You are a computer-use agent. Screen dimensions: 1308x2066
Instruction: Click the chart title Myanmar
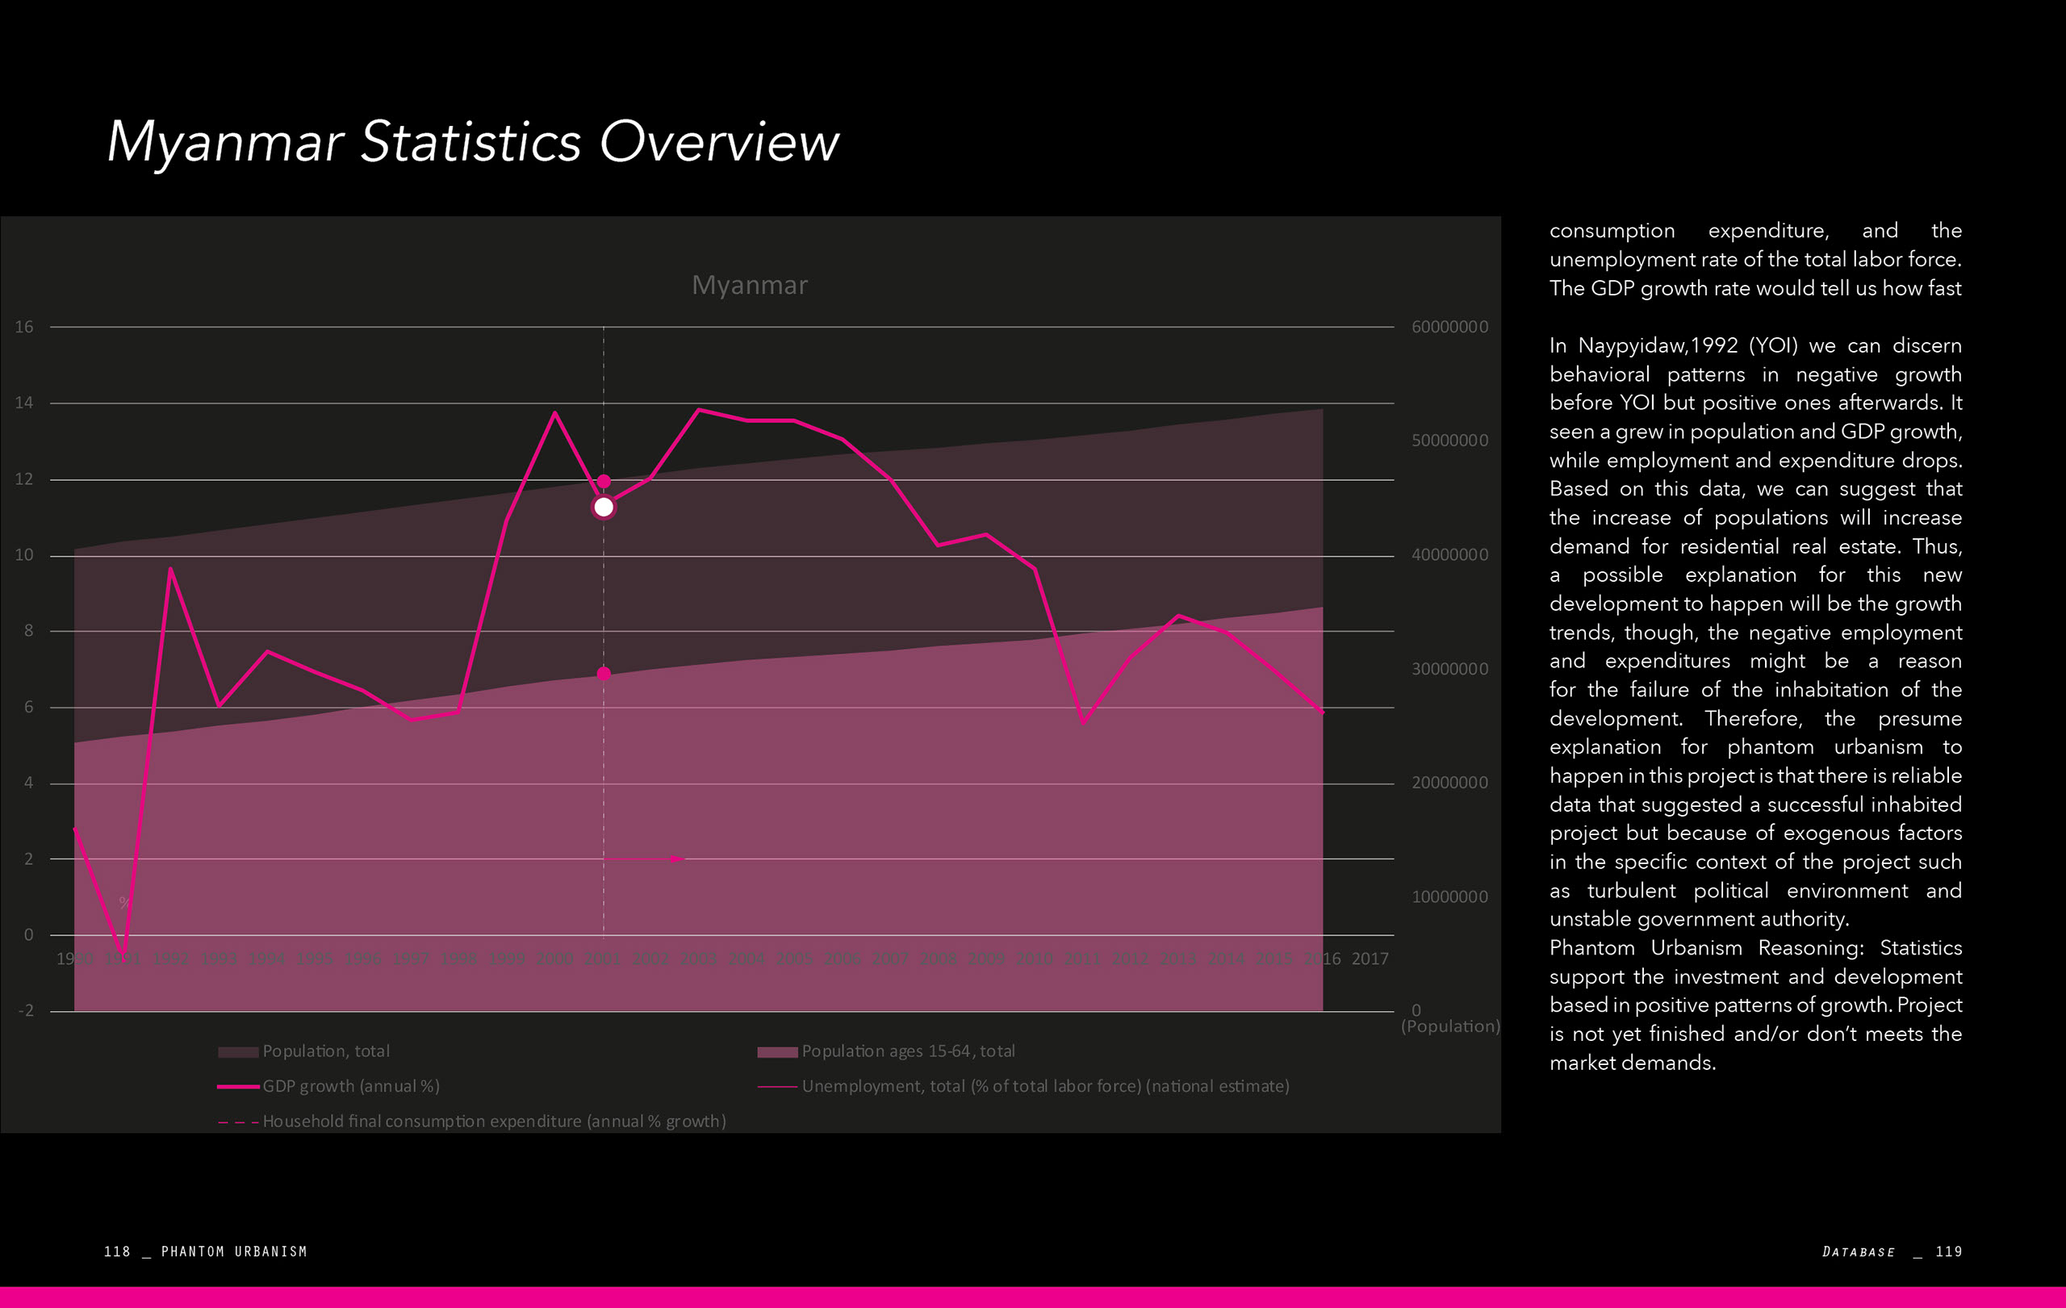click(x=749, y=285)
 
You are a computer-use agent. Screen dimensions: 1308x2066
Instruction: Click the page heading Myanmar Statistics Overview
click(x=473, y=141)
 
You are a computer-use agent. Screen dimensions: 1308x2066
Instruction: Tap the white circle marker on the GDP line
click(x=603, y=508)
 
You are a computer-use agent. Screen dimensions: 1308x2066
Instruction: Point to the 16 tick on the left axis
click(x=24, y=327)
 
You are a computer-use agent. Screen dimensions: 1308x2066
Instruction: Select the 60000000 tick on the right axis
click(x=1449, y=327)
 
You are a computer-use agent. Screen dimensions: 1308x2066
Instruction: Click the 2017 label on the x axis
click(x=1370, y=959)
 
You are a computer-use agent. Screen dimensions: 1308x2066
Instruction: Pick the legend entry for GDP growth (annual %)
click(x=351, y=1086)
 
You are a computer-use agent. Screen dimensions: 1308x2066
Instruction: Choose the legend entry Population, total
click(x=325, y=1051)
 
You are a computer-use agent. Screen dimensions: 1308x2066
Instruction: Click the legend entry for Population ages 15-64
click(x=908, y=1051)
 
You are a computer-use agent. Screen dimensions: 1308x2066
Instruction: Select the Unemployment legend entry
click(x=1045, y=1086)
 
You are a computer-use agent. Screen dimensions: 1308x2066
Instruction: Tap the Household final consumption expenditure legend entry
click(x=494, y=1121)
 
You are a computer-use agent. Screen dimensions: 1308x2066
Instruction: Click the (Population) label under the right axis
click(x=1450, y=1026)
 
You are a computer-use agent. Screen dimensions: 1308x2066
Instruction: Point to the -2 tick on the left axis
click(x=27, y=1010)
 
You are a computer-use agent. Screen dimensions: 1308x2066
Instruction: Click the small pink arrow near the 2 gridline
click(x=677, y=859)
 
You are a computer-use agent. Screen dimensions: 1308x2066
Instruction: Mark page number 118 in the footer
click(x=117, y=1252)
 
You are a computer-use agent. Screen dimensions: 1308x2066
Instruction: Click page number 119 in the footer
click(x=1948, y=1252)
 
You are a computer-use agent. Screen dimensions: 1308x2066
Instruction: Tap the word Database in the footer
click(x=1859, y=1252)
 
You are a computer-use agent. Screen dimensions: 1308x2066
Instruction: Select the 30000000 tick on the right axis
click(x=1449, y=669)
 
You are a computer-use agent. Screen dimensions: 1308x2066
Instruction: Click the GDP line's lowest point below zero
click(x=123, y=953)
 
